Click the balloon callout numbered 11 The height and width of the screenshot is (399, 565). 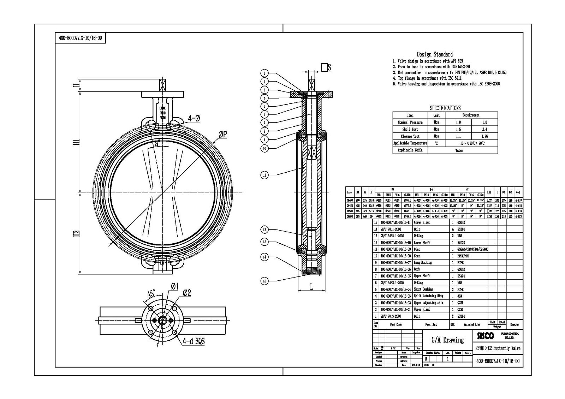[264, 175]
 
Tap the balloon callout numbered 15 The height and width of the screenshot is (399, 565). [264, 281]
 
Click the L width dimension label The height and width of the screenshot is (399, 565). [311, 287]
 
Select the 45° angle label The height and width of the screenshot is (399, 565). [151, 293]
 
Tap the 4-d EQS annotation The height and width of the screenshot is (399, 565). [194, 341]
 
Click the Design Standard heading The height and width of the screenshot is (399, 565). [435, 54]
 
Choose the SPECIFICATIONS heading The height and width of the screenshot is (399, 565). [445, 108]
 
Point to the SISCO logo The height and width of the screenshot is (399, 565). [486, 336]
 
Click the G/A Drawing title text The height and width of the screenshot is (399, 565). [448, 340]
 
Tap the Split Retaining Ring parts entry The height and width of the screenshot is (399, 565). [428, 296]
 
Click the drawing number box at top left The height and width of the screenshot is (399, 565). [80, 38]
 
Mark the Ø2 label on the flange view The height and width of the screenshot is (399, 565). [187, 293]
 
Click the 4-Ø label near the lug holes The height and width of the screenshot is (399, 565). [194, 118]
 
